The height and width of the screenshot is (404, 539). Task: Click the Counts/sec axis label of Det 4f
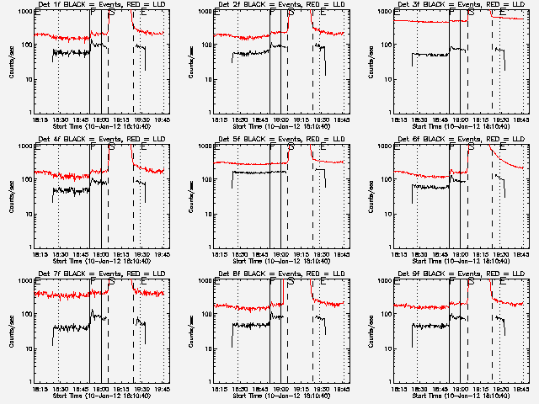[11, 195]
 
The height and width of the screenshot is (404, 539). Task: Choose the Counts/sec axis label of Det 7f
[11, 330]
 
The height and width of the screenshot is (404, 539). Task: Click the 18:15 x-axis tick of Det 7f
[37, 388]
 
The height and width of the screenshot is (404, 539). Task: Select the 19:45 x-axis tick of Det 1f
[162, 119]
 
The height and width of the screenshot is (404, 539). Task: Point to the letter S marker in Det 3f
[471, 12]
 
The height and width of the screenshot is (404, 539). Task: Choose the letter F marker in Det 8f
[272, 281]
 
